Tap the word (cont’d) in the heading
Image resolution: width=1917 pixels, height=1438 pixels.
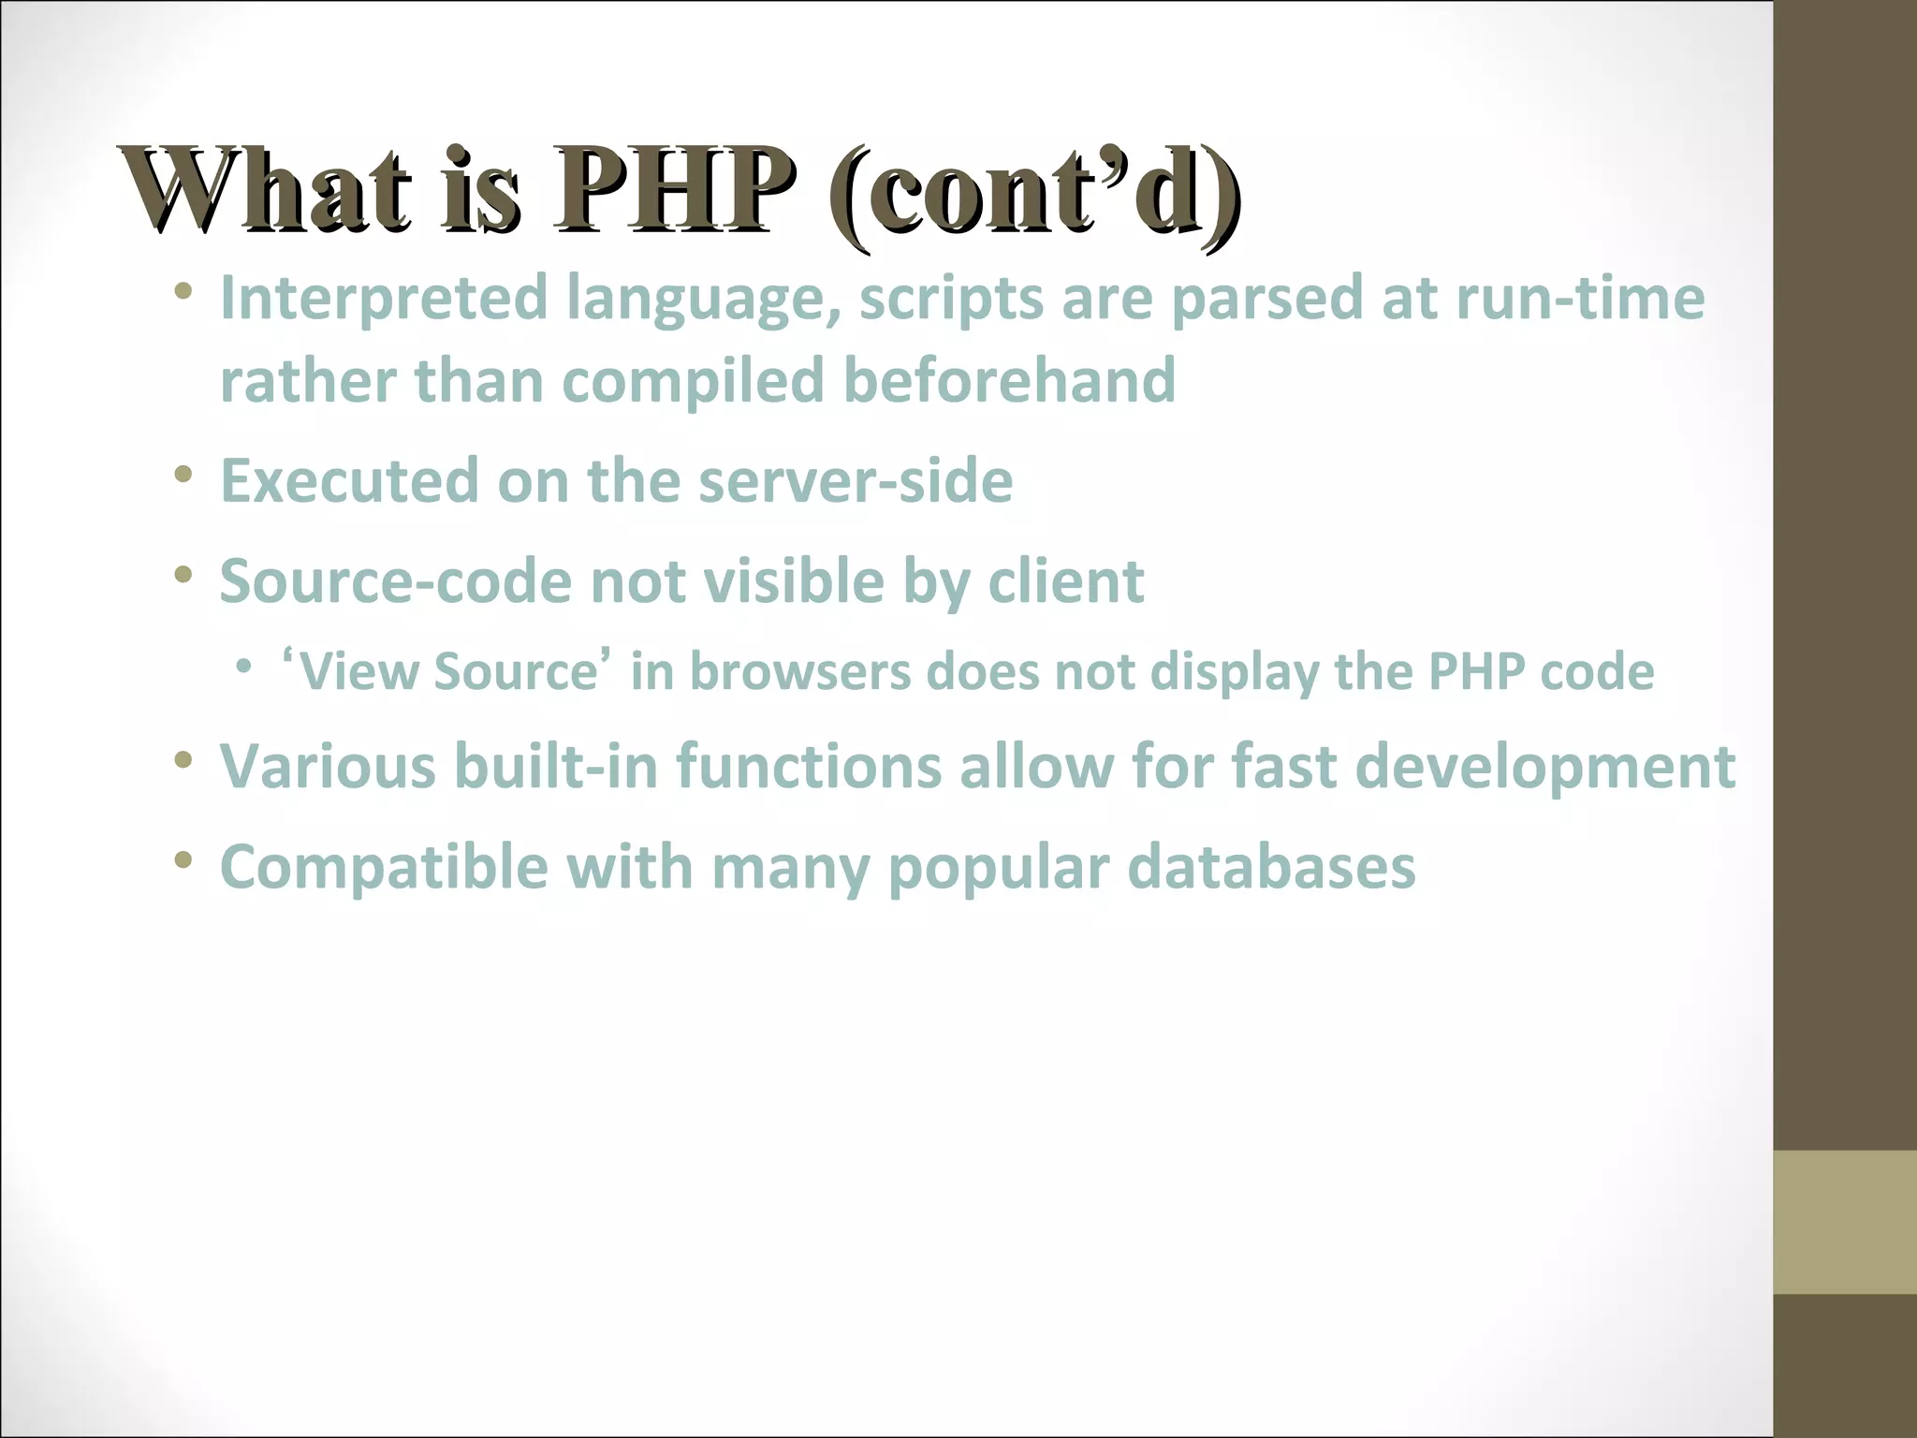point(1035,193)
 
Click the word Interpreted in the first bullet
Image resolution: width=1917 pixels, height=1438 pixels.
point(383,298)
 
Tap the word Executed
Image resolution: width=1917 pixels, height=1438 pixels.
point(349,481)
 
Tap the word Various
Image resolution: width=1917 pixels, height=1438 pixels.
point(328,767)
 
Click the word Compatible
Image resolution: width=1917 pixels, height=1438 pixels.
point(384,868)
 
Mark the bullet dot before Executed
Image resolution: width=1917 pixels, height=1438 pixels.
point(183,475)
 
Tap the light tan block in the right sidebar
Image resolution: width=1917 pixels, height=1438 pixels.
point(1845,1222)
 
